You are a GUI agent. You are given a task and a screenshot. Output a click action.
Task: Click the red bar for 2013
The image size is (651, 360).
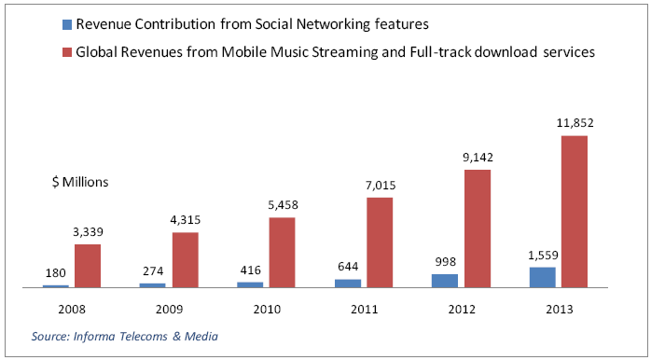(x=575, y=212)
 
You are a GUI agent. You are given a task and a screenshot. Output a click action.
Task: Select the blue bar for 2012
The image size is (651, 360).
(x=445, y=281)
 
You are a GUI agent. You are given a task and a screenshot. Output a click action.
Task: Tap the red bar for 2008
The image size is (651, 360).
(x=88, y=266)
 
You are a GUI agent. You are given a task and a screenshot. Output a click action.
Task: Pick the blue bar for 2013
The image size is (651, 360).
(x=542, y=277)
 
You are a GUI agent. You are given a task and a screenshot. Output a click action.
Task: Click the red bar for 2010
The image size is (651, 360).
(x=283, y=253)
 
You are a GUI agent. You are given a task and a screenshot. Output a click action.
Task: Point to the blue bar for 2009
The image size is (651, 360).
(x=152, y=285)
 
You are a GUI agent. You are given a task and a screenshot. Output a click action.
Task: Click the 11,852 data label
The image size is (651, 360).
(x=575, y=123)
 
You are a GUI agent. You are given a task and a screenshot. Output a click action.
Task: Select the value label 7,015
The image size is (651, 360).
(x=381, y=185)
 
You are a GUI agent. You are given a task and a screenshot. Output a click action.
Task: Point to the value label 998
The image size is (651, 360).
(x=445, y=262)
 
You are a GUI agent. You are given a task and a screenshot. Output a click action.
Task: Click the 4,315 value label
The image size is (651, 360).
(x=186, y=220)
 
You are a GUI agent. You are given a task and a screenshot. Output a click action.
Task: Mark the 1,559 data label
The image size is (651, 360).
(x=542, y=254)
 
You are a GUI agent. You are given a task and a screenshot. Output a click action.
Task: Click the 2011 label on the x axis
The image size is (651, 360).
(x=364, y=310)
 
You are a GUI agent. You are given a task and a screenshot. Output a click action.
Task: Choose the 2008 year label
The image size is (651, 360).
(x=72, y=310)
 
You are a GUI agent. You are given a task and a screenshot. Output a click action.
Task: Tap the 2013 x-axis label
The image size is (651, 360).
(x=559, y=310)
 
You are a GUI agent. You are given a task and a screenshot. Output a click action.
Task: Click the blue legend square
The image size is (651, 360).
(x=67, y=25)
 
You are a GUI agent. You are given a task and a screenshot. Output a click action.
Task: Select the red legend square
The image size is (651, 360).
(x=67, y=52)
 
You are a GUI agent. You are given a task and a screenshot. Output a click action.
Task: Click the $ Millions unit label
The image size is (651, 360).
(x=80, y=183)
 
